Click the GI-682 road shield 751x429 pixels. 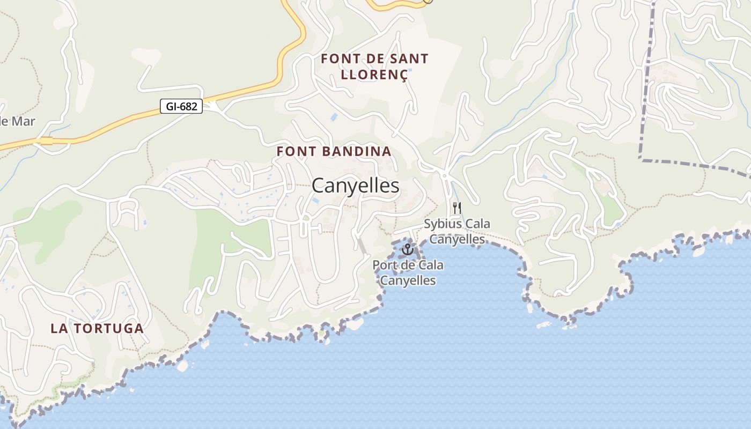pyautogui.click(x=181, y=106)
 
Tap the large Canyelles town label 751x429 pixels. pyautogui.click(x=355, y=186)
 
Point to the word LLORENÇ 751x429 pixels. pyautogui.click(x=374, y=75)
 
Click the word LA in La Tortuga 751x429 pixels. pyautogui.click(x=61, y=329)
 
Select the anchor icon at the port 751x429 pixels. pyautogui.click(x=408, y=249)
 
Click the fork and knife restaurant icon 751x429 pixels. pyautogui.click(x=457, y=208)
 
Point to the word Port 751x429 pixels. pyautogui.click(x=384, y=265)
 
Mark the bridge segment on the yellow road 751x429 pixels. pyautogui.click(x=46, y=141)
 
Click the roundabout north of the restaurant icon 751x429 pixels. pyautogui.click(x=444, y=175)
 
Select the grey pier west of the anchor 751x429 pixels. pyautogui.click(x=363, y=246)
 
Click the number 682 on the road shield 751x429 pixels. pyautogui.click(x=188, y=106)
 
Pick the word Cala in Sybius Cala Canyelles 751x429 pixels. pyautogui.click(x=477, y=224)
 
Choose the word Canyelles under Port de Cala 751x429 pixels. pyautogui.click(x=407, y=280)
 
